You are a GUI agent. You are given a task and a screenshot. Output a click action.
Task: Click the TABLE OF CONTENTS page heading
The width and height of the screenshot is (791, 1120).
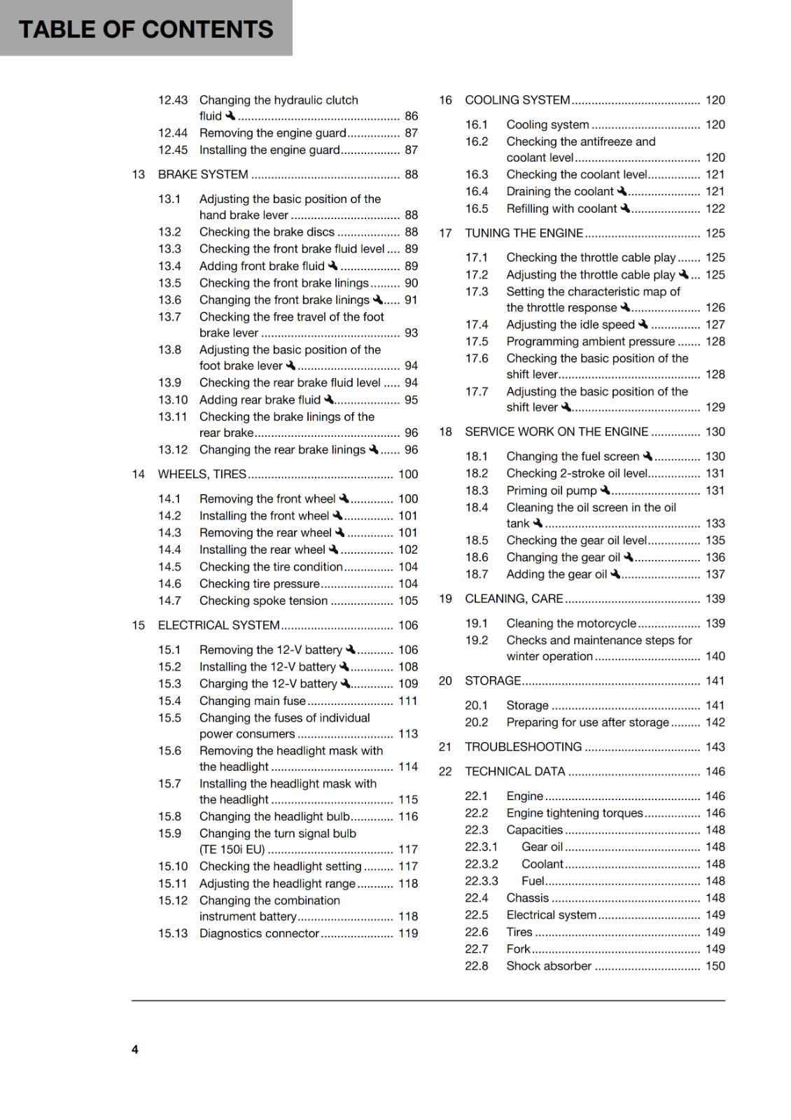click(146, 29)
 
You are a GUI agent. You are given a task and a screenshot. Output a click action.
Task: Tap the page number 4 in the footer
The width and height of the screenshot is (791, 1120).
click(135, 1049)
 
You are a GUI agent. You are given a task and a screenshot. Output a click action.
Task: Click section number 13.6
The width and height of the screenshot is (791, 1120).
click(169, 300)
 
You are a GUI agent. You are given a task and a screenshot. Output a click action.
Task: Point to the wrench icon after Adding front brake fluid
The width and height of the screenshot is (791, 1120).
click(333, 265)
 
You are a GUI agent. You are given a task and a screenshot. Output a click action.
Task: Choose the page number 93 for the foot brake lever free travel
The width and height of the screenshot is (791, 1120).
click(411, 333)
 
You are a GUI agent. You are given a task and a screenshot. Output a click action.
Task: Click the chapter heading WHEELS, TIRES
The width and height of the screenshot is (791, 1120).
click(202, 474)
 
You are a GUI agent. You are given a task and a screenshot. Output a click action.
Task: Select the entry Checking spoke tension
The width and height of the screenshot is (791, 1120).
click(263, 601)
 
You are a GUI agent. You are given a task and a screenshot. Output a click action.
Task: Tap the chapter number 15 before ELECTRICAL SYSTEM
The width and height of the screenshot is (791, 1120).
click(139, 625)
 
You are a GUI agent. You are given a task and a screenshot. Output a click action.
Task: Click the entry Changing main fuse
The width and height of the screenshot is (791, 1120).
click(252, 701)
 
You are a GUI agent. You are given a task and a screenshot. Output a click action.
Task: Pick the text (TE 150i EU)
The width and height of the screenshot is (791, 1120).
click(232, 850)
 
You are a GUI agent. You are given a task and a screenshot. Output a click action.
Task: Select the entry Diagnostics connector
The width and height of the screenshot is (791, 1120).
click(259, 933)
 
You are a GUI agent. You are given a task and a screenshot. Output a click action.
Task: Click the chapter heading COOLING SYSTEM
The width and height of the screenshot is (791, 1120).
click(517, 100)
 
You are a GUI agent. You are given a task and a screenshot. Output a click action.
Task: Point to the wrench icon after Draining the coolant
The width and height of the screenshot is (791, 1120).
click(622, 190)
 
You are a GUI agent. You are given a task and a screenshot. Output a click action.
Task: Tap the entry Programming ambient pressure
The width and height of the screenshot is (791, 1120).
click(590, 342)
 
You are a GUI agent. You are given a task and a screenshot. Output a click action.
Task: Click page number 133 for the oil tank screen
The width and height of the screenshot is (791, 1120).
click(715, 524)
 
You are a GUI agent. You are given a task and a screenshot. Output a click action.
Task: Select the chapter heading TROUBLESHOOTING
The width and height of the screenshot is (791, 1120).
click(523, 747)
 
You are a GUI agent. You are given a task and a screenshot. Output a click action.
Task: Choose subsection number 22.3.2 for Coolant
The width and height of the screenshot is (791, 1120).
click(482, 864)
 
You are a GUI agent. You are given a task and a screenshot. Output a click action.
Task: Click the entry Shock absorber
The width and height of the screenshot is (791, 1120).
click(549, 966)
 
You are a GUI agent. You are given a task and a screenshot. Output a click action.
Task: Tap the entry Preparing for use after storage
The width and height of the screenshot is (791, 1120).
click(587, 722)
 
